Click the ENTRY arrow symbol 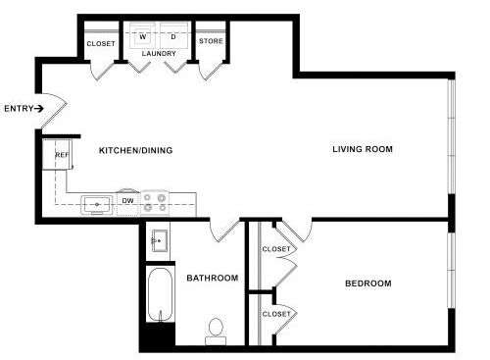click(39, 109)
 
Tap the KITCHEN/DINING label click(135, 150)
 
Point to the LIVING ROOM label click(363, 149)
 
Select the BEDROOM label click(368, 283)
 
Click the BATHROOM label click(213, 278)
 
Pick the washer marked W click(143, 35)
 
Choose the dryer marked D click(173, 35)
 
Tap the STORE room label click(211, 41)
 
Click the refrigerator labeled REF click(58, 154)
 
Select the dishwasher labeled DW click(128, 203)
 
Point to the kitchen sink click(97, 205)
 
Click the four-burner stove click(155, 203)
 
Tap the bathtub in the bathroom click(160, 295)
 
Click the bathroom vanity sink click(160, 240)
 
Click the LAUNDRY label click(159, 53)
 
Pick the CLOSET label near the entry click(101, 43)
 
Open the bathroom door click(224, 230)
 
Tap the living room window click(452, 136)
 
